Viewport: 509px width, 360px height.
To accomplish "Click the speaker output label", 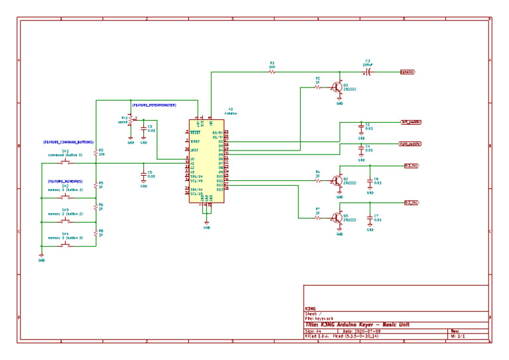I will (x=408, y=72).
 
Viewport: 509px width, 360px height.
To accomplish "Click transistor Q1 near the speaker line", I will (x=338, y=87).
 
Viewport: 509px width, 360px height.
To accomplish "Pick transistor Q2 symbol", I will (x=338, y=180).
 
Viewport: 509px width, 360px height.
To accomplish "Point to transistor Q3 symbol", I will (x=338, y=217).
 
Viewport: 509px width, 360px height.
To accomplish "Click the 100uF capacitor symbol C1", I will (x=368, y=72).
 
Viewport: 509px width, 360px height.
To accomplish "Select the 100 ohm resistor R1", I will (x=272, y=72).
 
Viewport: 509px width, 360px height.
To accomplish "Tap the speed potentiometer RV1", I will (x=130, y=120).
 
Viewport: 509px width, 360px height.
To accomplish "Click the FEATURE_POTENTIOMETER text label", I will (x=153, y=105).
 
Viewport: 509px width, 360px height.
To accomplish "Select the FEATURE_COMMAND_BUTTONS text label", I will (x=69, y=143).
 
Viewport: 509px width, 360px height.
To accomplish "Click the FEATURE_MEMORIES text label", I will (x=65, y=181).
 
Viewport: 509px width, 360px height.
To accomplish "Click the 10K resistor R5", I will (x=97, y=152).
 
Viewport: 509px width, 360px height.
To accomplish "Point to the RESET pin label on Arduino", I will (x=196, y=133).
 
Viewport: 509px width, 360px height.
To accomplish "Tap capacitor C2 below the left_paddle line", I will (x=361, y=128).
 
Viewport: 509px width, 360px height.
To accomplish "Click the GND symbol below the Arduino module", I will (x=207, y=226).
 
